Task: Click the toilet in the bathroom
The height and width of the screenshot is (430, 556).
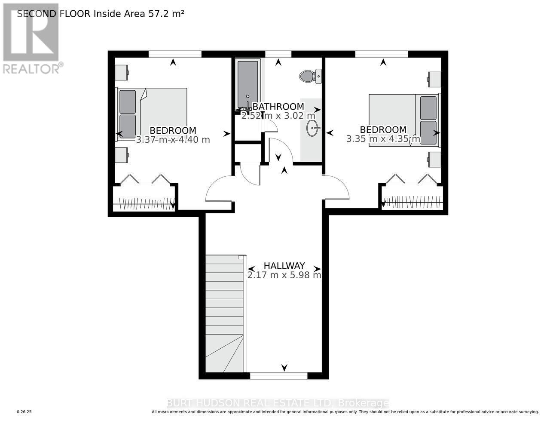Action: [x=310, y=76]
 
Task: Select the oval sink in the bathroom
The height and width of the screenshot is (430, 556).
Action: [x=313, y=128]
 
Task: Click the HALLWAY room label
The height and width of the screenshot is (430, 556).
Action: [x=284, y=266]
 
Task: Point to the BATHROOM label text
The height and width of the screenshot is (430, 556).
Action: [x=278, y=107]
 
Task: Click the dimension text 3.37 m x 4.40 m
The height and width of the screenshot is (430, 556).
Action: [x=173, y=140]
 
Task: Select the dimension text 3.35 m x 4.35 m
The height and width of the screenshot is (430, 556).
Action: [x=383, y=139]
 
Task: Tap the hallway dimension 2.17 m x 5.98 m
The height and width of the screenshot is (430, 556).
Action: [x=284, y=275]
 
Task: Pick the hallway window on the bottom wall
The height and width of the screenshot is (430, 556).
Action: [x=278, y=376]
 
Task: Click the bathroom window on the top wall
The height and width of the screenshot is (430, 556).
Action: [x=278, y=54]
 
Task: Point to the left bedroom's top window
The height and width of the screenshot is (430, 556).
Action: [x=175, y=54]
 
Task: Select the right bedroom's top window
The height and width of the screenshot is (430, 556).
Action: [x=382, y=54]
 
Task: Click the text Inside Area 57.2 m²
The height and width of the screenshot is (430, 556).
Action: [x=139, y=14]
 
